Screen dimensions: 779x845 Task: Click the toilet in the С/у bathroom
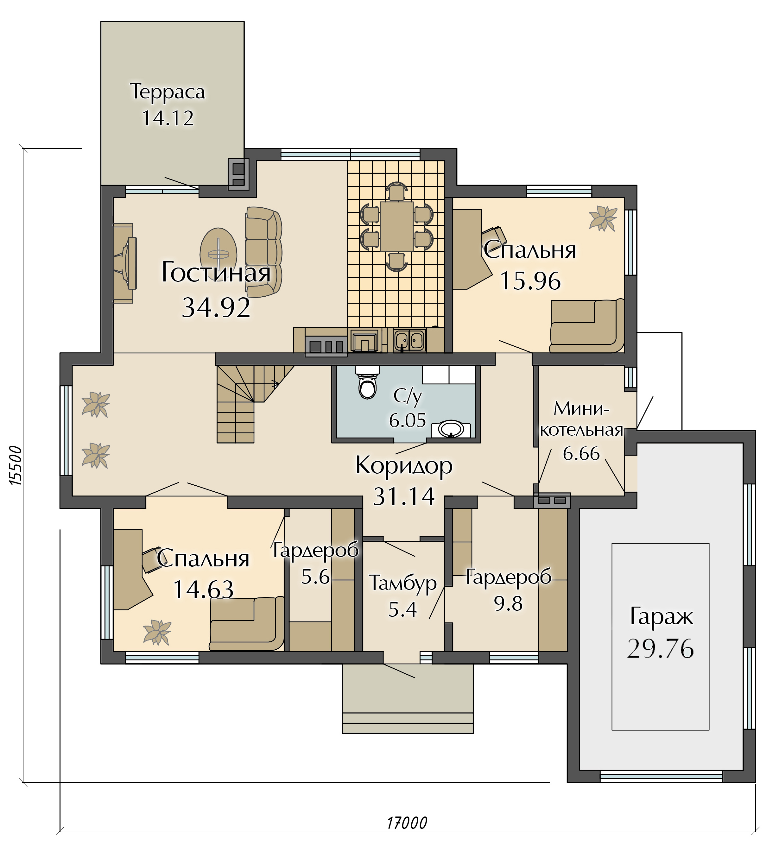367,382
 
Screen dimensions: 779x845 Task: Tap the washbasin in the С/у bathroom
451,429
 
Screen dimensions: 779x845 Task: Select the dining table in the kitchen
396,226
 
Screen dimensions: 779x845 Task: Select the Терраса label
167,91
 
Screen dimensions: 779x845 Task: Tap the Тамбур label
403,583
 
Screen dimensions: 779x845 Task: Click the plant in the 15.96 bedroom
603,218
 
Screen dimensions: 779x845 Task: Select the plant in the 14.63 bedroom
157,632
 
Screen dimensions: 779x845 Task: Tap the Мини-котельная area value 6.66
581,453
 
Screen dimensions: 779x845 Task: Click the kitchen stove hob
326,346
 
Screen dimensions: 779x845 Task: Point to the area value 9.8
508,604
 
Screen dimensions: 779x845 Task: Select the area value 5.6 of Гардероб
315,577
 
